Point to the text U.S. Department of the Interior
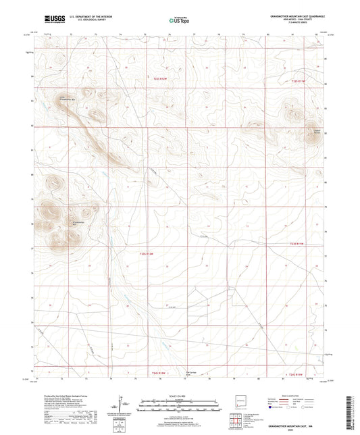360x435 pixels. [90, 16]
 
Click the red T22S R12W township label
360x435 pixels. [159, 80]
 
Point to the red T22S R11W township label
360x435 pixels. [299, 81]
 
